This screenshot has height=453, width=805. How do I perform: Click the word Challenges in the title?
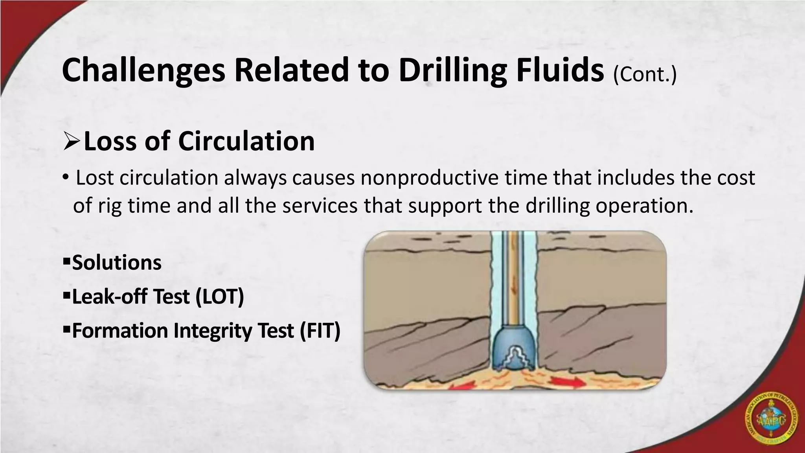coord(143,71)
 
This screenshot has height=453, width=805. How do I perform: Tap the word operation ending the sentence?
coord(641,206)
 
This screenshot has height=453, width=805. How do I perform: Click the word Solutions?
coord(117,263)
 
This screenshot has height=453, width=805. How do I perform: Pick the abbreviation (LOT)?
coord(220,296)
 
